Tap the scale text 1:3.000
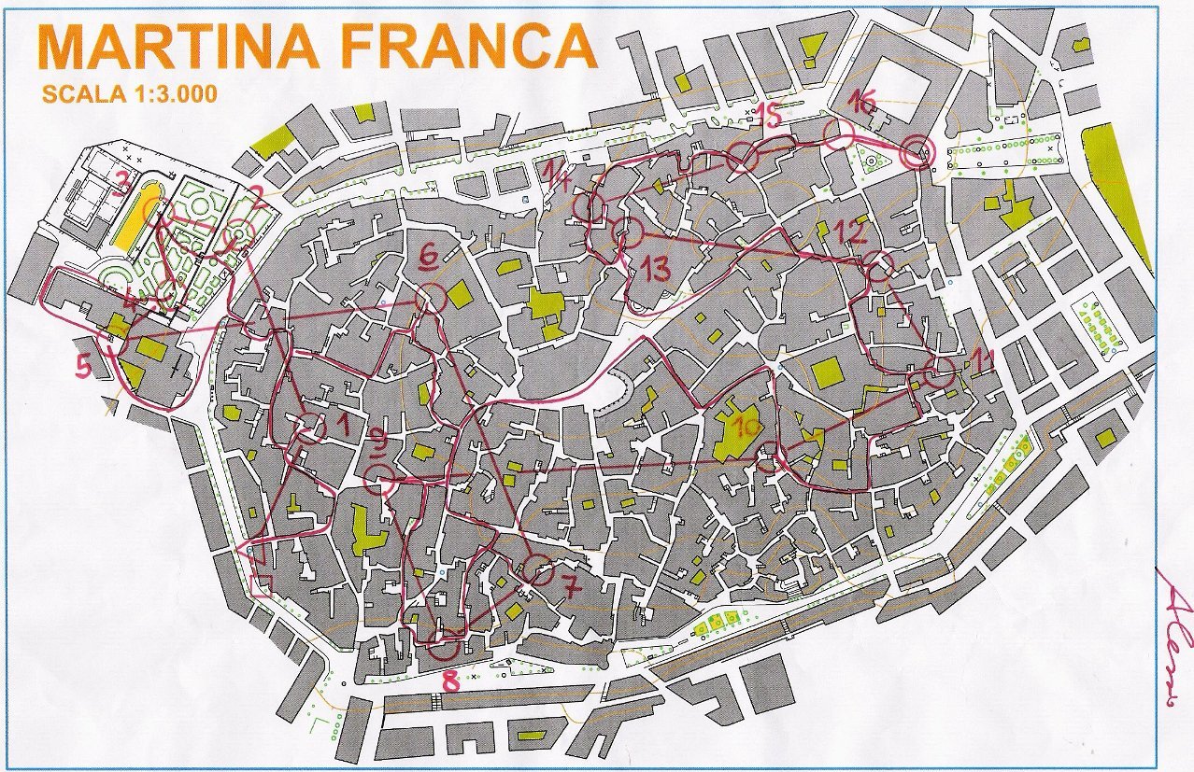pyautogui.click(x=172, y=93)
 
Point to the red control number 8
pyautogui.click(x=451, y=681)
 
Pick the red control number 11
pyautogui.click(x=981, y=358)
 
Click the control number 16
pyautogui.click(x=861, y=102)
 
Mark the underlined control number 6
pyautogui.click(x=429, y=255)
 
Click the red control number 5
pyautogui.click(x=84, y=368)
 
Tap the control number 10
pyautogui.click(x=747, y=427)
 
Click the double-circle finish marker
pyautogui.click(x=917, y=151)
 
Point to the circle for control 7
pyautogui.click(x=538, y=568)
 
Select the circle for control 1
pyautogui.click(x=310, y=428)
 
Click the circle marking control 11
pyautogui.click(x=940, y=372)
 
